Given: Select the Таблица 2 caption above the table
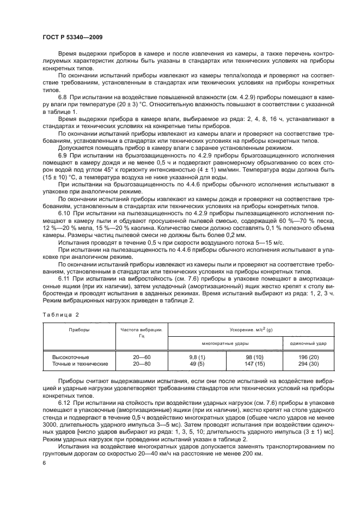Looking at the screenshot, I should coord(61,314).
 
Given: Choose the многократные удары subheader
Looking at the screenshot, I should coord(225,344).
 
